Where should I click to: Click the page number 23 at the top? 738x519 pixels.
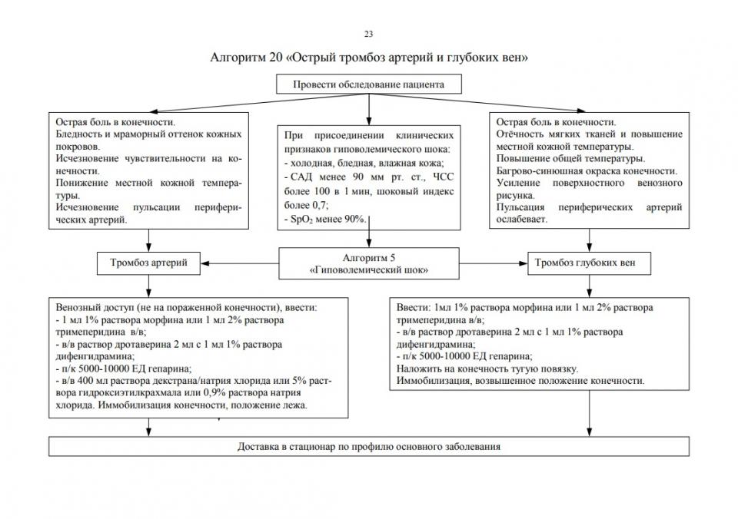(x=368, y=34)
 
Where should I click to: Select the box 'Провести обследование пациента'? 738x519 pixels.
(x=368, y=84)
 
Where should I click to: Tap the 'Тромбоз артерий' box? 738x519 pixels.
(x=149, y=263)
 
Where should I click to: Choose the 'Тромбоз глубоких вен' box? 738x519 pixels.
(x=590, y=263)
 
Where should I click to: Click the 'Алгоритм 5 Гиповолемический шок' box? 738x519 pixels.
(x=368, y=263)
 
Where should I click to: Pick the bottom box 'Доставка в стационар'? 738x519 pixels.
(x=369, y=446)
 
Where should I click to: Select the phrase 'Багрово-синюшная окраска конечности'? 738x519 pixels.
(x=587, y=170)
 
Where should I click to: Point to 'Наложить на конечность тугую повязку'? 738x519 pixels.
(x=488, y=369)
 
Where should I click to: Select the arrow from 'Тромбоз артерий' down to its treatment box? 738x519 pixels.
(x=149, y=284)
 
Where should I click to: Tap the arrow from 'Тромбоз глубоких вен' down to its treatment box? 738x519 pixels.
(x=590, y=284)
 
